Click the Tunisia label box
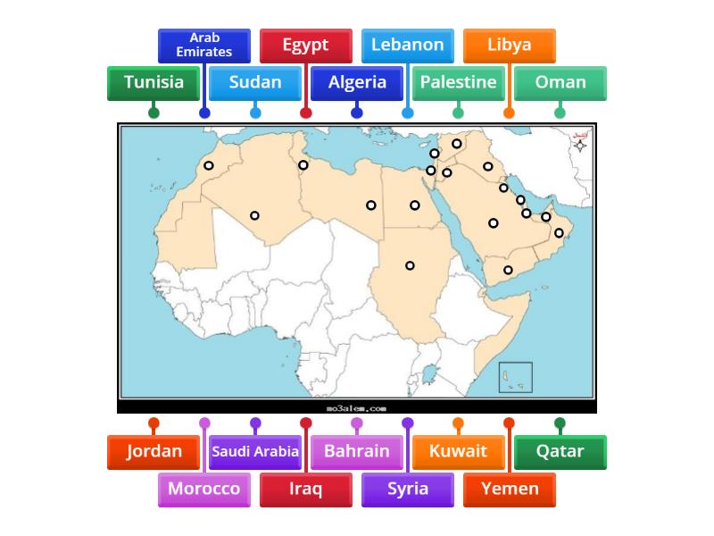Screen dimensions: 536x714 pyautogui.click(x=154, y=82)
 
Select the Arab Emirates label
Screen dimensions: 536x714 pyautogui.click(x=204, y=45)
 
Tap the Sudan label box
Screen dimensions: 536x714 pyautogui.click(x=255, y=82)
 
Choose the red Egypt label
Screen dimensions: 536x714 pyautogui.click(x=305, y=45)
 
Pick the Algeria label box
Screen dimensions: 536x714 pyautogui.click(x=357, y=82)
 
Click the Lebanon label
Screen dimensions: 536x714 pyautogui.click(x=407, y=45)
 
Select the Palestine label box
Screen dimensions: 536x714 pyautogui.click(x=458, y=82)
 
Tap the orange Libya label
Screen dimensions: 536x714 pyautogui.click(x=509, y=45)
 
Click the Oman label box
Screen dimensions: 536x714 pyautogui.click(x=560, y=82)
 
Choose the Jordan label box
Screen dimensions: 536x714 pyautogui.click(x=154, y=451)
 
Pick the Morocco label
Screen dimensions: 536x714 pyautogui.click(x=204, y=489)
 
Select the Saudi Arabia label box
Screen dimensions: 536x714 pyautogui.click(x=255, y=451)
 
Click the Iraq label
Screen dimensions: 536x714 pyautogui.click(x=305, y=489)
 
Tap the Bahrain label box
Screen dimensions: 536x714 pyautogui.click(x=357, y=451)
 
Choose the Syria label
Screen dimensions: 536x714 pyautogui.click(x=407, y=489)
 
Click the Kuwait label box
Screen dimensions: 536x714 pyautogui.click(x=458, y=451)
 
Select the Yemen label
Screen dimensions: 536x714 pyautogui.click(x=509, y=489)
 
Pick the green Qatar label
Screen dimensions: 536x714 pyautogui.click(x=560, y=451)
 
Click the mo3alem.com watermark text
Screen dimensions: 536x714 pyautogui.click(x=356, y=408)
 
